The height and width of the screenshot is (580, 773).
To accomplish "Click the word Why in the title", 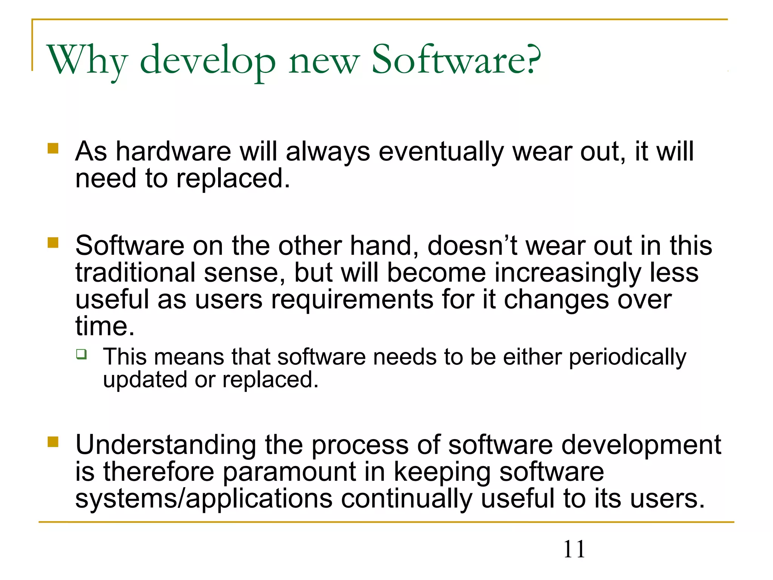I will [x=87, y=60].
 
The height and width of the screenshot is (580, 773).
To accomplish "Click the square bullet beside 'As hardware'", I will [x=53, y=148].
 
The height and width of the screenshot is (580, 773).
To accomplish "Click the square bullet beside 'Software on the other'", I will [x=53, y=242].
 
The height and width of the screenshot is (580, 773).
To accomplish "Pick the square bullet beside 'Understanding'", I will [x=53, y=441].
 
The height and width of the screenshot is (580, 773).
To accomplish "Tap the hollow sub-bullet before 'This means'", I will [x=81, y=354].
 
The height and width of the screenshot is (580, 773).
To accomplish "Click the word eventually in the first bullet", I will [x=441, y=152].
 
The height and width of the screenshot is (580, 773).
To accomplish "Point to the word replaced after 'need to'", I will [x=233, y=178].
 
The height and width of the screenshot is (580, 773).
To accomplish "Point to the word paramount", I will [x=289, y=472].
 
